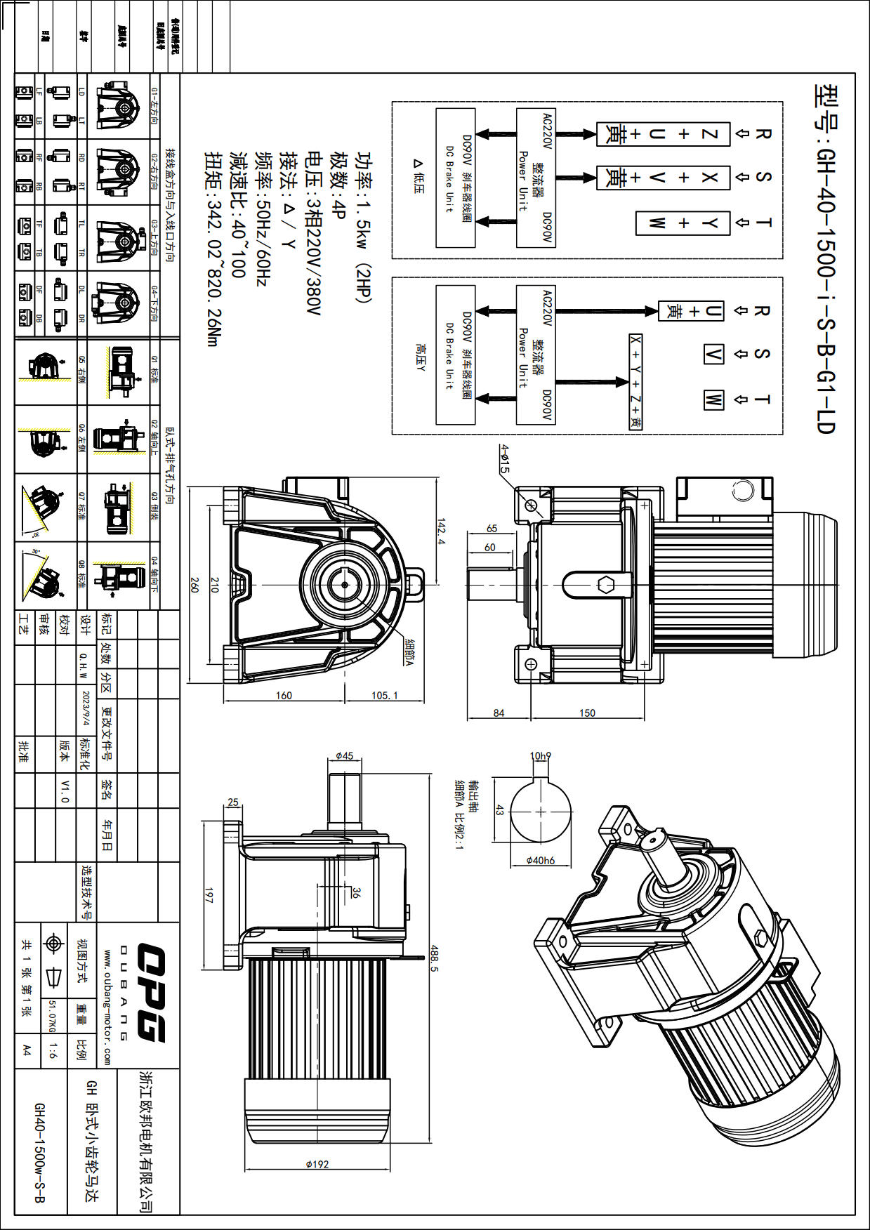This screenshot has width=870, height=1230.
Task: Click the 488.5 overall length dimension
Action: (434, 958)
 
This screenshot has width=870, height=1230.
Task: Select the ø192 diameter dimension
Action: (317, 1164)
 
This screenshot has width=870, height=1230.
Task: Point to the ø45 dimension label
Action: (344, 756)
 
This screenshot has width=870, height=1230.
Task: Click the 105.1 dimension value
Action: (384, 695)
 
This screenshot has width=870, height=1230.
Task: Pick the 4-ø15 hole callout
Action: (504, 458)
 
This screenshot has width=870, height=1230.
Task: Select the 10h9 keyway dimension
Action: (540, 756)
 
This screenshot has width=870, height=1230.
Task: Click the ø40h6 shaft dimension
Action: (540, 860)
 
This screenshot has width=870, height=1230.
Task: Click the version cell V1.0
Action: (65, 791)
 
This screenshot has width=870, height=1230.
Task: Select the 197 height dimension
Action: (209, 894)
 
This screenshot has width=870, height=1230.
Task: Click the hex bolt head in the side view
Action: (606, 584)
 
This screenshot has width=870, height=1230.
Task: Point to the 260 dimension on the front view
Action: (195, 585)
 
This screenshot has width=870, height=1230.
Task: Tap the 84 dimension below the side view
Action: (499, 713)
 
